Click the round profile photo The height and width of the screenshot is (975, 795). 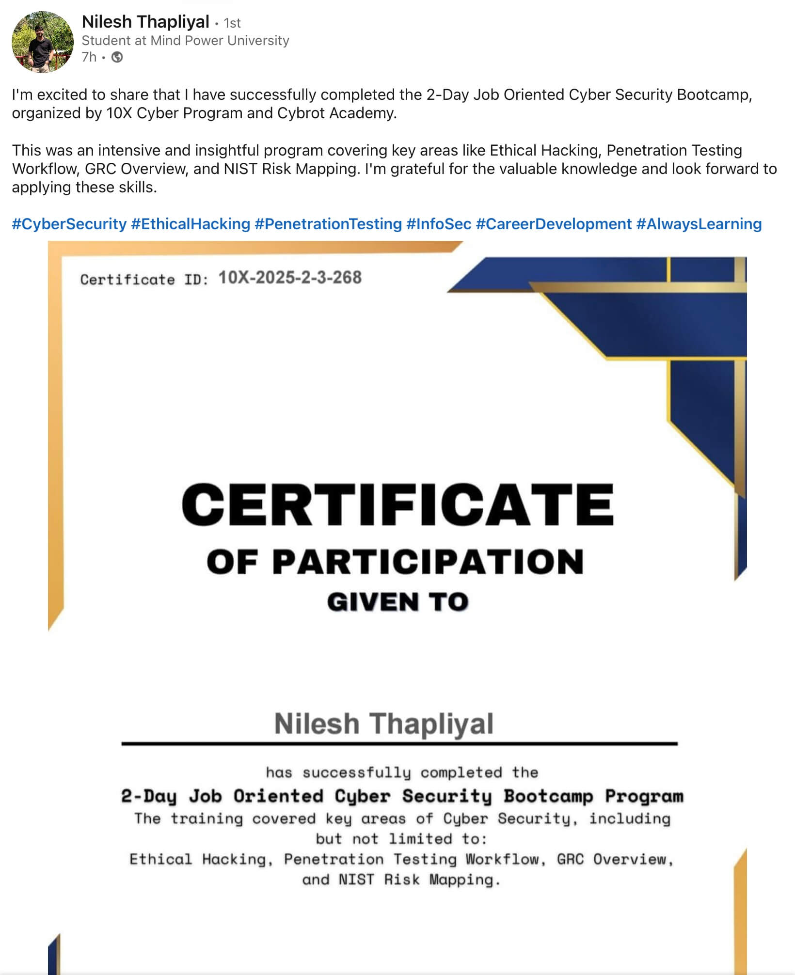point(43,42)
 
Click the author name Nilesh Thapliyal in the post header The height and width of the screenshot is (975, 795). point(145,22)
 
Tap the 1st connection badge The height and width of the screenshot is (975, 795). point(232,23)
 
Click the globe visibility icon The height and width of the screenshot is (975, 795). point(117,57)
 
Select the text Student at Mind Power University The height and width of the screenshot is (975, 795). point(185,40)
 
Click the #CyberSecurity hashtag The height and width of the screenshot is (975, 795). point(69,224)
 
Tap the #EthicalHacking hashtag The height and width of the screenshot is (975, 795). point(191,224)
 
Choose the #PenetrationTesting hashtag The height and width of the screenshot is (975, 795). point(328,224)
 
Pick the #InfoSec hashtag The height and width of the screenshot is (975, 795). point(439,224)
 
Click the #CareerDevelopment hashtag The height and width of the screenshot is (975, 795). point(554,224)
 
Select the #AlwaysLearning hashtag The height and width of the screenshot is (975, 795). point(699,224)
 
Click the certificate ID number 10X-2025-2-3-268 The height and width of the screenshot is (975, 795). point(290,278)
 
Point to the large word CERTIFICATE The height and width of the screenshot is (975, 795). point(397,504)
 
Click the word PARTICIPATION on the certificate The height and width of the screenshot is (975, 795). point(428,562)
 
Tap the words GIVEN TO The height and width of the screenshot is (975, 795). point(397,602)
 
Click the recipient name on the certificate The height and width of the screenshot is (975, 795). point(383,724)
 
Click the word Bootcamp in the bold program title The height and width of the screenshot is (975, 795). point(548,796)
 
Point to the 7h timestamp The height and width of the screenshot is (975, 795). point(89,57)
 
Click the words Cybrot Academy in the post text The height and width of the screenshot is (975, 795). point(336,113)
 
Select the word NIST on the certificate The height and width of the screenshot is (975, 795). point(356,880)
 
